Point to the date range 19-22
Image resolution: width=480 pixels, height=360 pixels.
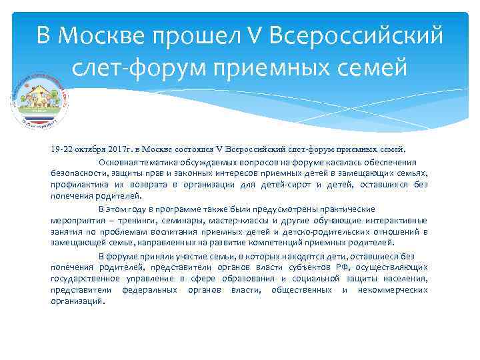pos(62,150)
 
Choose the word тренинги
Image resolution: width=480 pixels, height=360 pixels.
pos(132,220)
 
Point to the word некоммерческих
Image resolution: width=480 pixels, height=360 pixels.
pos(393,289)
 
